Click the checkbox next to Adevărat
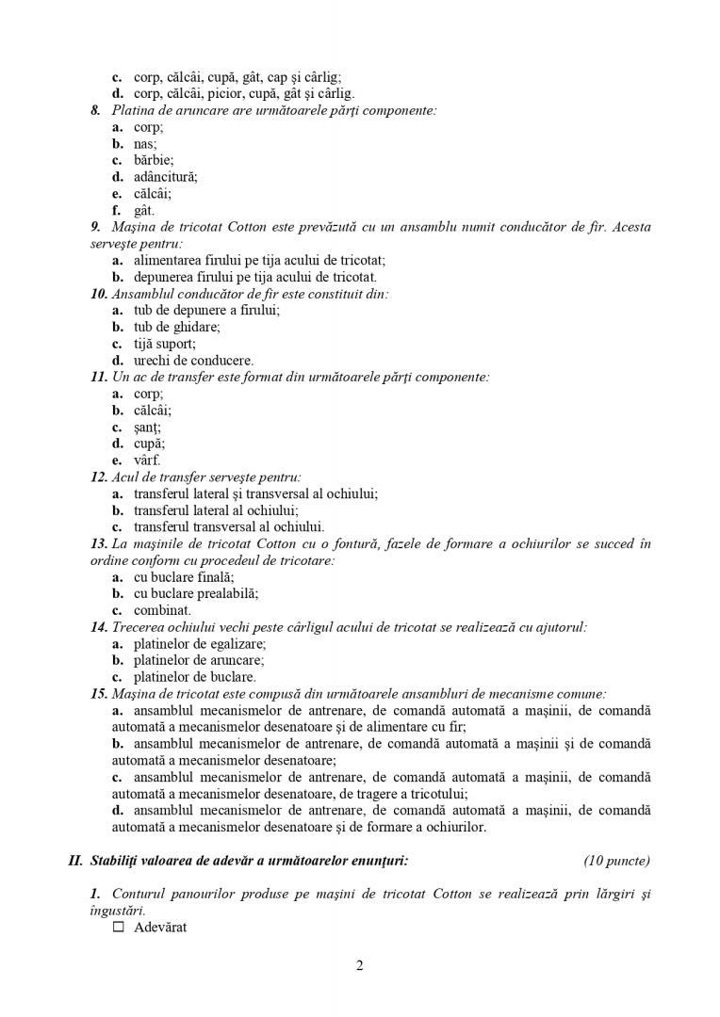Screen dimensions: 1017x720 [118, 928]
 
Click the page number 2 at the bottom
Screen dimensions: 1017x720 [360, 965]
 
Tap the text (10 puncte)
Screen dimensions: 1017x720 [616, 860]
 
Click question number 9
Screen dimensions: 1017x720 [96, 227]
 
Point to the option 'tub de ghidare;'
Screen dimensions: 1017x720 [176, 327]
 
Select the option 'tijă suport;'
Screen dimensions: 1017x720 [165, 344]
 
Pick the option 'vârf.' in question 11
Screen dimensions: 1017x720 [147, 460]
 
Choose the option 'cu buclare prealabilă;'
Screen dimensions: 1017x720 [196, 593]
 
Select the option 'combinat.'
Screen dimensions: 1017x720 [162, 610]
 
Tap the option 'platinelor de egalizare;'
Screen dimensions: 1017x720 [200, 643]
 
